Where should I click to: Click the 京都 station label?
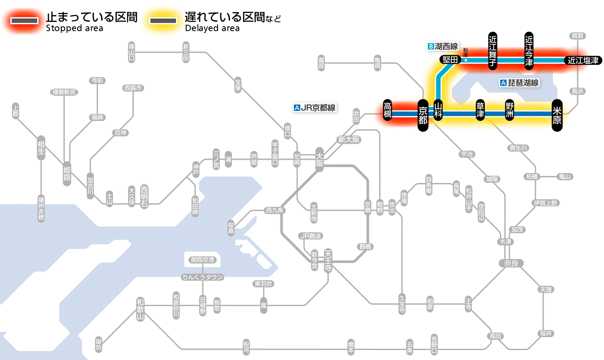coord(423,114)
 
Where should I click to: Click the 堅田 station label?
coord(450,60)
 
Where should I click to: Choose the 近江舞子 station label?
coord(493,51)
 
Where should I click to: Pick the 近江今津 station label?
coord(529,51)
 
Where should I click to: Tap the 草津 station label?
coord(480,111)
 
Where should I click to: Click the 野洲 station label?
coord(510,111)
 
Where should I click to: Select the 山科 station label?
coord(438,111)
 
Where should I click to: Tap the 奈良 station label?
coord(511,263)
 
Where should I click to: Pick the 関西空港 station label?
coord(203,260)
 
